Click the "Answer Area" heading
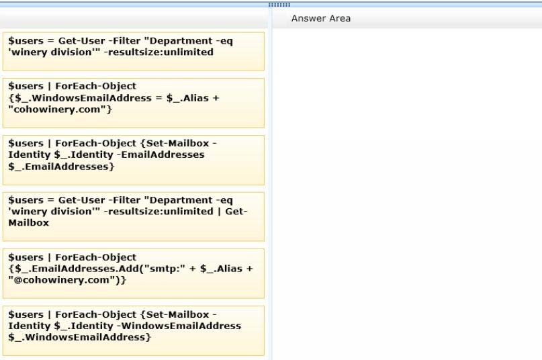coord(321,18)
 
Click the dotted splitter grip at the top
coord(279,5)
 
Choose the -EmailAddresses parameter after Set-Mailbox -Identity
coord(161,154)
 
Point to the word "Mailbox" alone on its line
coord(29,223)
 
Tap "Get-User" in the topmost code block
coord(81,41)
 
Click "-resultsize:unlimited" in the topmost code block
coord(159,52)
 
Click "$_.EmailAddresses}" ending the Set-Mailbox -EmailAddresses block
coord(61,167)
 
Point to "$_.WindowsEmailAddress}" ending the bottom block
coord(79,337)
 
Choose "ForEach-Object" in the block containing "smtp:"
coord(96,257)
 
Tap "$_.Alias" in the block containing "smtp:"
coord(221,269)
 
